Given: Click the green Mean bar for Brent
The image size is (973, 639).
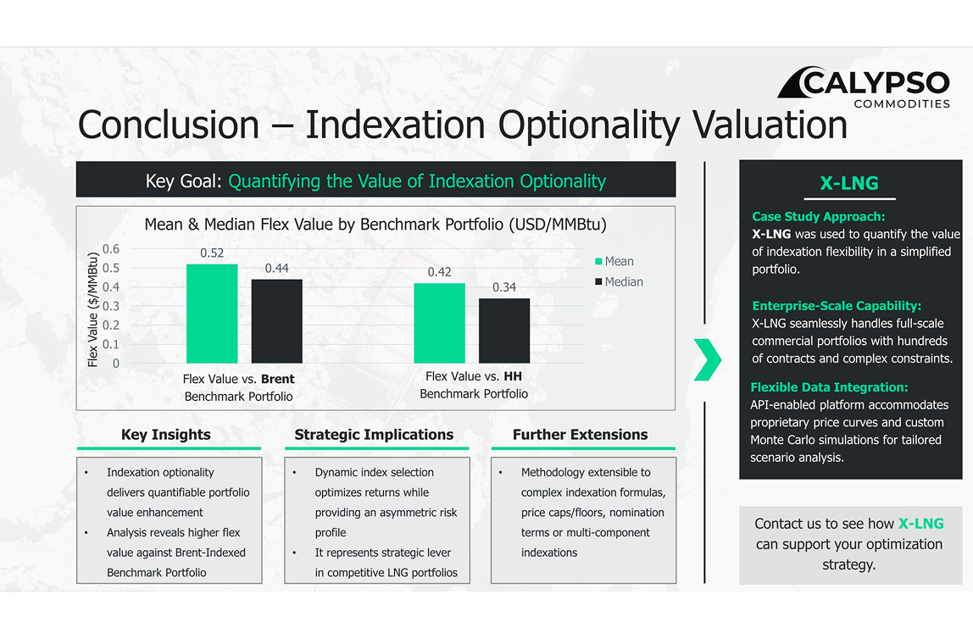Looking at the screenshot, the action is point(212,314).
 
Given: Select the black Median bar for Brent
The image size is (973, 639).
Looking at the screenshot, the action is point(277,321).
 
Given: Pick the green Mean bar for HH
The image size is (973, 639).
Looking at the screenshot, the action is point(439,323).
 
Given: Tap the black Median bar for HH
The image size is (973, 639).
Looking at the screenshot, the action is point(504,331).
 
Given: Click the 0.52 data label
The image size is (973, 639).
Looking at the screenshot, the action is point(212,253).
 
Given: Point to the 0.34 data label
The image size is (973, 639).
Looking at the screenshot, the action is point(504,287).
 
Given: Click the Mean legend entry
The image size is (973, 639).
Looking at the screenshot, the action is point(614,261).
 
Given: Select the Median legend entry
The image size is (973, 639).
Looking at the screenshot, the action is point(620,281).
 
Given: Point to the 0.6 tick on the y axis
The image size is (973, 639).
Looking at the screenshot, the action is point(111,249).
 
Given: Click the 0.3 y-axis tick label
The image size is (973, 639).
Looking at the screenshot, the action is point(111,306).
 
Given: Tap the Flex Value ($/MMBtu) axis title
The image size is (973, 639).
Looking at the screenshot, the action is point(92,309).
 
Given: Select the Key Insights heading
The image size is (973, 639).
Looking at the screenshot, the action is point(165,434).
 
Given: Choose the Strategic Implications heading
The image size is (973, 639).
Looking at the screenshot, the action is point(374,434).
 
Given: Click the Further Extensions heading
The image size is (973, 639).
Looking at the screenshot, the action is point(581,434).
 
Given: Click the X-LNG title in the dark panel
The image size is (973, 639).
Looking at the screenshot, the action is point(849,183).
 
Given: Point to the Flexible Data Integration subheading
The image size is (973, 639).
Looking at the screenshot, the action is point(829,387).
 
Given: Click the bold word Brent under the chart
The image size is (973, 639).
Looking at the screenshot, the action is point(278,379).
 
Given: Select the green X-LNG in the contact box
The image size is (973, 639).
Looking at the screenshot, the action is point(920,524).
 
